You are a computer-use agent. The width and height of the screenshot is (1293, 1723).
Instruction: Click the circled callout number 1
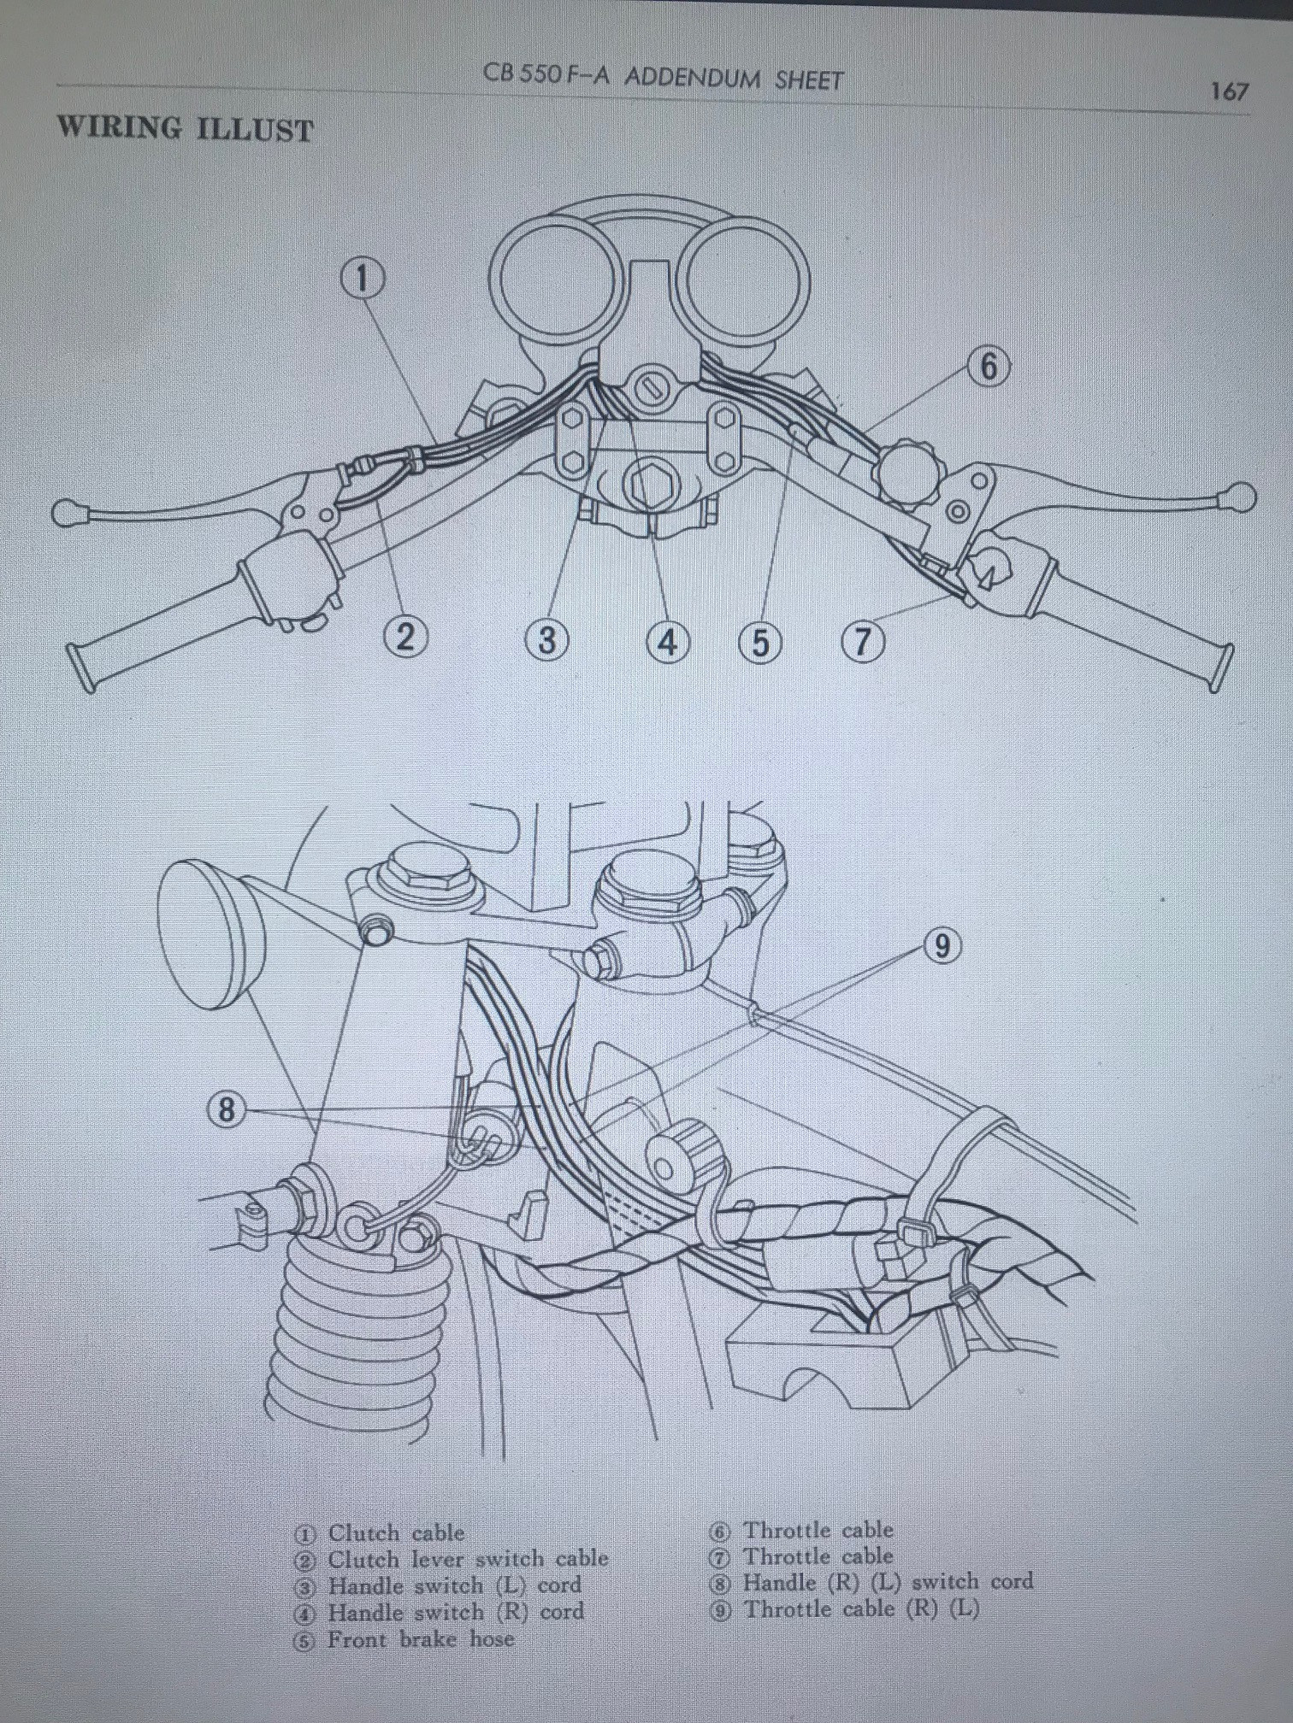(363, 278)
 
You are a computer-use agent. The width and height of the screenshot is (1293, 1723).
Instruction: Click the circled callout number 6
(989, 367)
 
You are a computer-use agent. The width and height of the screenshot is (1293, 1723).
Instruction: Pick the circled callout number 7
(863, 640)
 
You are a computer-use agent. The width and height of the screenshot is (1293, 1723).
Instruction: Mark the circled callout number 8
(227, 1109)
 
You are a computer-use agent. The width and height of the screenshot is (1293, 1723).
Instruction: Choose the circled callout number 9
(942, 946)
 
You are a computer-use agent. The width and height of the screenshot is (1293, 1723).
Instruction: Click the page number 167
(1229, 91)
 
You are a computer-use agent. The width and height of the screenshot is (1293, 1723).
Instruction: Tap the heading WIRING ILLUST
(186, 129)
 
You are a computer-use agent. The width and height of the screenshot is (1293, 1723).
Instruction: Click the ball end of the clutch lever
(66, 513)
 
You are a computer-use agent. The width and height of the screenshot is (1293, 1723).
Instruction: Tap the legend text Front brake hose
(421, 1639)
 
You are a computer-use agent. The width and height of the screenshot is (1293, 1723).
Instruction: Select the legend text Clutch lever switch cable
(468, 1558)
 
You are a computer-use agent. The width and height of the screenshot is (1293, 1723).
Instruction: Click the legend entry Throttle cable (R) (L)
(860, 1609)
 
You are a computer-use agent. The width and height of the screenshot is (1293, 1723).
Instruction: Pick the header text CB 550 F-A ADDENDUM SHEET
(663, 79)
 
